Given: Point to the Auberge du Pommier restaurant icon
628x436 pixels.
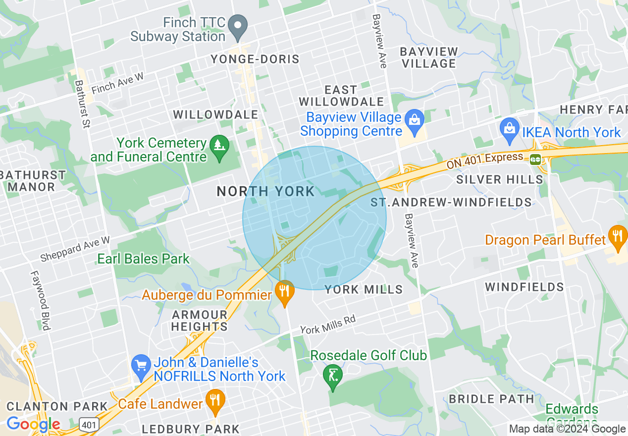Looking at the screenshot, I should tap(284, 292).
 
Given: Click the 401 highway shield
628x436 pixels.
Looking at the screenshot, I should tap(89, 424).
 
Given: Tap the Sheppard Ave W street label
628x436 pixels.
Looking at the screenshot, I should tap(75, 249).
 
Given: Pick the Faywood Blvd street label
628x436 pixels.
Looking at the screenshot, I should tap(40, 300).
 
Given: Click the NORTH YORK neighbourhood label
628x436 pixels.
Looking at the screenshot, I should tap(265, 191).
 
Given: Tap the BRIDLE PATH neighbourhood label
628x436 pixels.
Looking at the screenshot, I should tap(491, 399).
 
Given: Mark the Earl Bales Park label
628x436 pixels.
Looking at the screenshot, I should tap(143, 259).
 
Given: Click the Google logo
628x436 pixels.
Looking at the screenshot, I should tap(33, 424).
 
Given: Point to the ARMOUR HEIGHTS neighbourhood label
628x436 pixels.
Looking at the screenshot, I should tap(200, 321).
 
